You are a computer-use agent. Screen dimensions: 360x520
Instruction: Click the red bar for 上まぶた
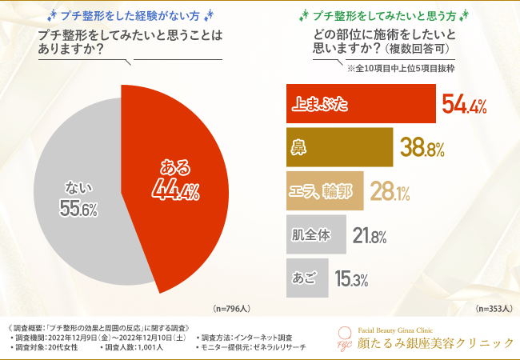point(360,104)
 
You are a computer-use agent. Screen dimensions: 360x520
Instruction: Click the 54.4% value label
point(464,104)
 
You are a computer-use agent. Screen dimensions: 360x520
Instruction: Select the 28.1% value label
point(391,191)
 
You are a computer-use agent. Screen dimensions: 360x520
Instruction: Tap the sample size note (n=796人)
point(232,308)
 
